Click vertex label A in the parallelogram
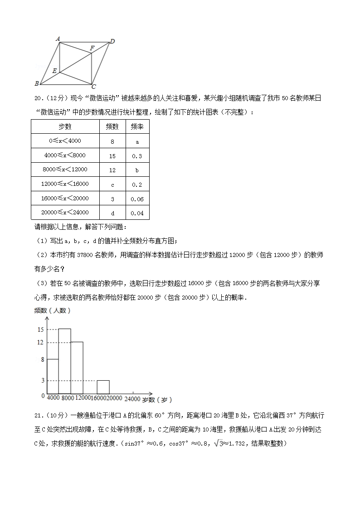pyautogui.click(x=58, y=39)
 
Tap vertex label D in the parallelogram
pyautogui.click(x=112, y=42)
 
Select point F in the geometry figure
pyautogui.click(x=92, y=48)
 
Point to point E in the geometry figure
pyautogui.click(x=54, y=71)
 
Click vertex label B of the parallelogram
pyautogui.click(x=36, y=83)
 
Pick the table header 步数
pyautogui.click(x=65, y=127)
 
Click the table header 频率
pyautogui.click(x=137, y=127)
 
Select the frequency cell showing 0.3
pyautogui.click(x=136, y=156)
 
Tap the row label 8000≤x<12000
pyautogui.click(x=65, y=170)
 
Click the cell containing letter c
pyautogui.click(x=112, y=184)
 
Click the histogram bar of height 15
pyautogui.click(x=64, y=361)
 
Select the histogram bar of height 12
pyautogui.click(x=77, y=368)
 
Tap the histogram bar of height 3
pyautogui.click(x=103, y=387)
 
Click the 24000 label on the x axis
pyautogui.click(x=132, y=399)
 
